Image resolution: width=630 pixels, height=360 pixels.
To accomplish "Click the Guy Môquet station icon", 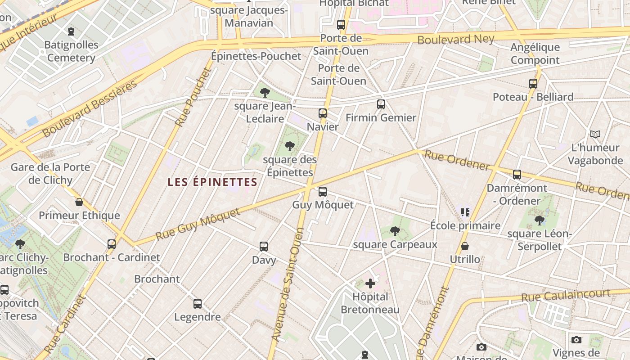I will (x=322, y=192).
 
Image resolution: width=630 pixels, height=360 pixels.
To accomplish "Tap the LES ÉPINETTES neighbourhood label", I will (x=212, y=182).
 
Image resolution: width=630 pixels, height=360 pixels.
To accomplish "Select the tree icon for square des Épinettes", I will (x=290, y=146).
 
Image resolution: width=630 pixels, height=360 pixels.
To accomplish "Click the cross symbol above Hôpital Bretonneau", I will (x=370, y=283).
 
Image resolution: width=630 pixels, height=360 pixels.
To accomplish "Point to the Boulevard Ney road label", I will (x=455, y=39).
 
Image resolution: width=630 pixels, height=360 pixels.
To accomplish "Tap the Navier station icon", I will (x=322, y=113).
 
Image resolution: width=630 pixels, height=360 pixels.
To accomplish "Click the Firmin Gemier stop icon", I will (x=381, y=104).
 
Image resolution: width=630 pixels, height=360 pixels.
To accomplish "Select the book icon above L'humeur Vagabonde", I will (x=595, y=134).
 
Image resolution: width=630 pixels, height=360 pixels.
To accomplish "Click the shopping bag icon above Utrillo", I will (x=465, y=246).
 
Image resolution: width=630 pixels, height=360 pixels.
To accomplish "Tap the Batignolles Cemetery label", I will (x=71, y=51).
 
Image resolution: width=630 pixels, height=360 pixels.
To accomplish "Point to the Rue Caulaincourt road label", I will (x=566, y=296).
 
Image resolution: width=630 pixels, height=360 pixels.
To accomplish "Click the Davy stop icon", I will (x=264, y=247).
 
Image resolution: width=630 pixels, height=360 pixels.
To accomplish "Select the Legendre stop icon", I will (x=197, y=304).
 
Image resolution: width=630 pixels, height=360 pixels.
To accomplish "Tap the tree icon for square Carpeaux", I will (x=395, y=231).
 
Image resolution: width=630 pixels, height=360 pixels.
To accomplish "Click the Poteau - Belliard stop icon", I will (x=533, y=84).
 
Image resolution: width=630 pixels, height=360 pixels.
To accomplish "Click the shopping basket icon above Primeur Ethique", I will (x=79, y=202).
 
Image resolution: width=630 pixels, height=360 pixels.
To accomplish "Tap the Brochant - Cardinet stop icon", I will (x=111, y=244).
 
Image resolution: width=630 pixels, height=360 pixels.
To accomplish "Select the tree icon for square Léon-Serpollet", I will (x=539, y=220).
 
